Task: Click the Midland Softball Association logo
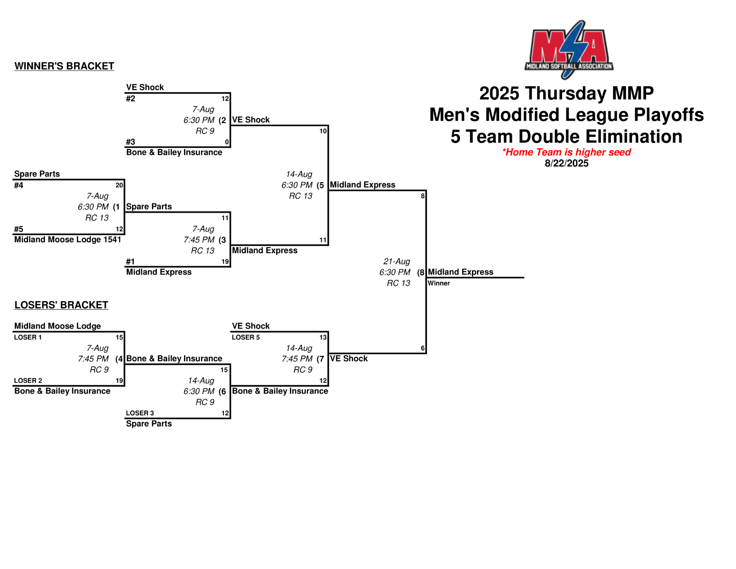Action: point(569,49)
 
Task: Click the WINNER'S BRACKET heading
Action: point(64,66)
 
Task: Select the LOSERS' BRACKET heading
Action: point(61,305)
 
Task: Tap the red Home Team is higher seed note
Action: point(566,152)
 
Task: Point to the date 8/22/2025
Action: point(566,163)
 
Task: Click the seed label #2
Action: point(131,99)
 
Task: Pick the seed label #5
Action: point(18,229)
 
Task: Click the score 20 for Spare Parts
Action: point(119,185)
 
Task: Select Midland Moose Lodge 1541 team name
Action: point(68,239)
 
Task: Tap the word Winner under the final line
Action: point(438,283)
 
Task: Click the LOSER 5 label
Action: point(246,337)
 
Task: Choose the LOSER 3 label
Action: point(140,413)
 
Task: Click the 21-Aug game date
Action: point(397,261)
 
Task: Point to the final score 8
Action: point(423,196)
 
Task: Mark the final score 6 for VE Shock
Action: point(423,348)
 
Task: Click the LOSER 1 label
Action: point(28,337)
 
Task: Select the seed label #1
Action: point(131,261)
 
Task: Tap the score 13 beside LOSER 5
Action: point(323,337)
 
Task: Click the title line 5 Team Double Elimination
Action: point(566,137)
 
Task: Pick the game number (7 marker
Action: point(320,359)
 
